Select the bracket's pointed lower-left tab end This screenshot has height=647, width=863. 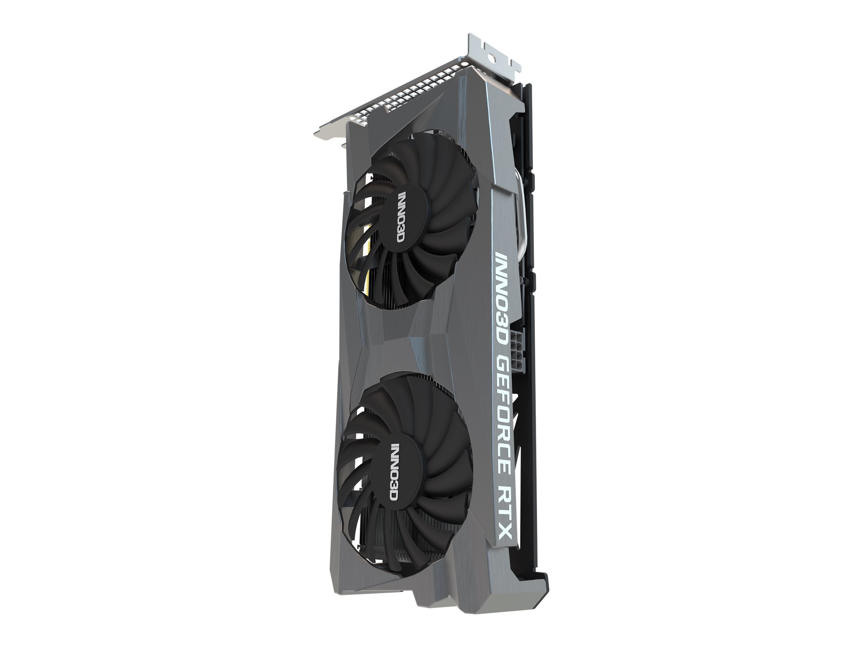[x=318, y=134]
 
